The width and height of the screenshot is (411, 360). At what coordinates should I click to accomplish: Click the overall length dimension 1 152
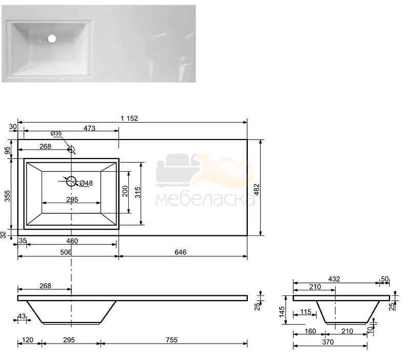pos(129,118)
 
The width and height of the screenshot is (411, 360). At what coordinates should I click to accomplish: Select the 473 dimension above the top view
pos(89,128)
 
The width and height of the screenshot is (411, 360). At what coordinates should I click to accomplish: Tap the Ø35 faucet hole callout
pos(56,133)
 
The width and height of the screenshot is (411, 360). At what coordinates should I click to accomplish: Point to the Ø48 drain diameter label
pos(86,183)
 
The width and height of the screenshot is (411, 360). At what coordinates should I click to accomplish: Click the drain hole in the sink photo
pos(52,39)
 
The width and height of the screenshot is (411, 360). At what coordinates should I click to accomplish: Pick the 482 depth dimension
pos(257,189)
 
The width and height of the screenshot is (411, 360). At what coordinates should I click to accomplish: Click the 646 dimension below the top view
pos(180,252)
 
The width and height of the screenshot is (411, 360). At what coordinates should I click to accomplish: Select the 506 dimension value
pos(66,252)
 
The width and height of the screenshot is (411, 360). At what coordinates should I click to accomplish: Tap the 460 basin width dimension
pos(72,241)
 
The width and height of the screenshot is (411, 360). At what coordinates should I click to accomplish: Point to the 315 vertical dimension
pos(138,193)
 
